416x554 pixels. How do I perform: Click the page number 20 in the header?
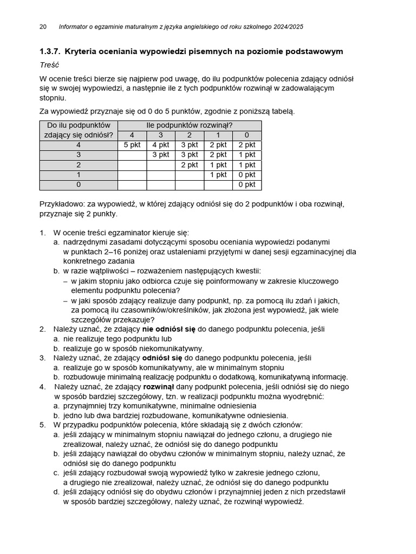click(43, 27)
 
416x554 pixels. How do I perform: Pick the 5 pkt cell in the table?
click(132, 145)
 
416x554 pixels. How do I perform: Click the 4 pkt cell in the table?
click(161, 145)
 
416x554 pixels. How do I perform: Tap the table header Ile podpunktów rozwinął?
click(189, 126)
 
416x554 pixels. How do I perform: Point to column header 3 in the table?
click(161, 135)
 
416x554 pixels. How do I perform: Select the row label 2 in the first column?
click(79, 165)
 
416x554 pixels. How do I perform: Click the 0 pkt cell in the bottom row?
click(247, 185)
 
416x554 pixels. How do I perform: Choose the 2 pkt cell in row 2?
click(190, 165)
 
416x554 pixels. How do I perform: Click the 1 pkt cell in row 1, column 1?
click(218, 175)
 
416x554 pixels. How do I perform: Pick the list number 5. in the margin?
click(43, 425)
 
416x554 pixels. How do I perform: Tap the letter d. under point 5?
click(56, 492)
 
